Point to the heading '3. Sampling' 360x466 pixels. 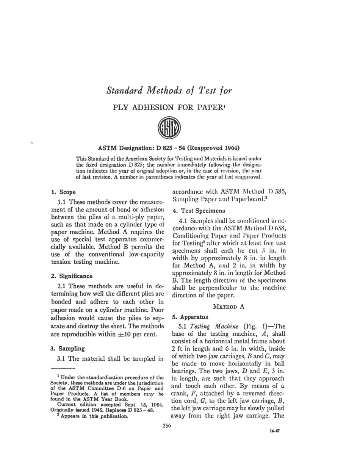pos(67,347)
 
